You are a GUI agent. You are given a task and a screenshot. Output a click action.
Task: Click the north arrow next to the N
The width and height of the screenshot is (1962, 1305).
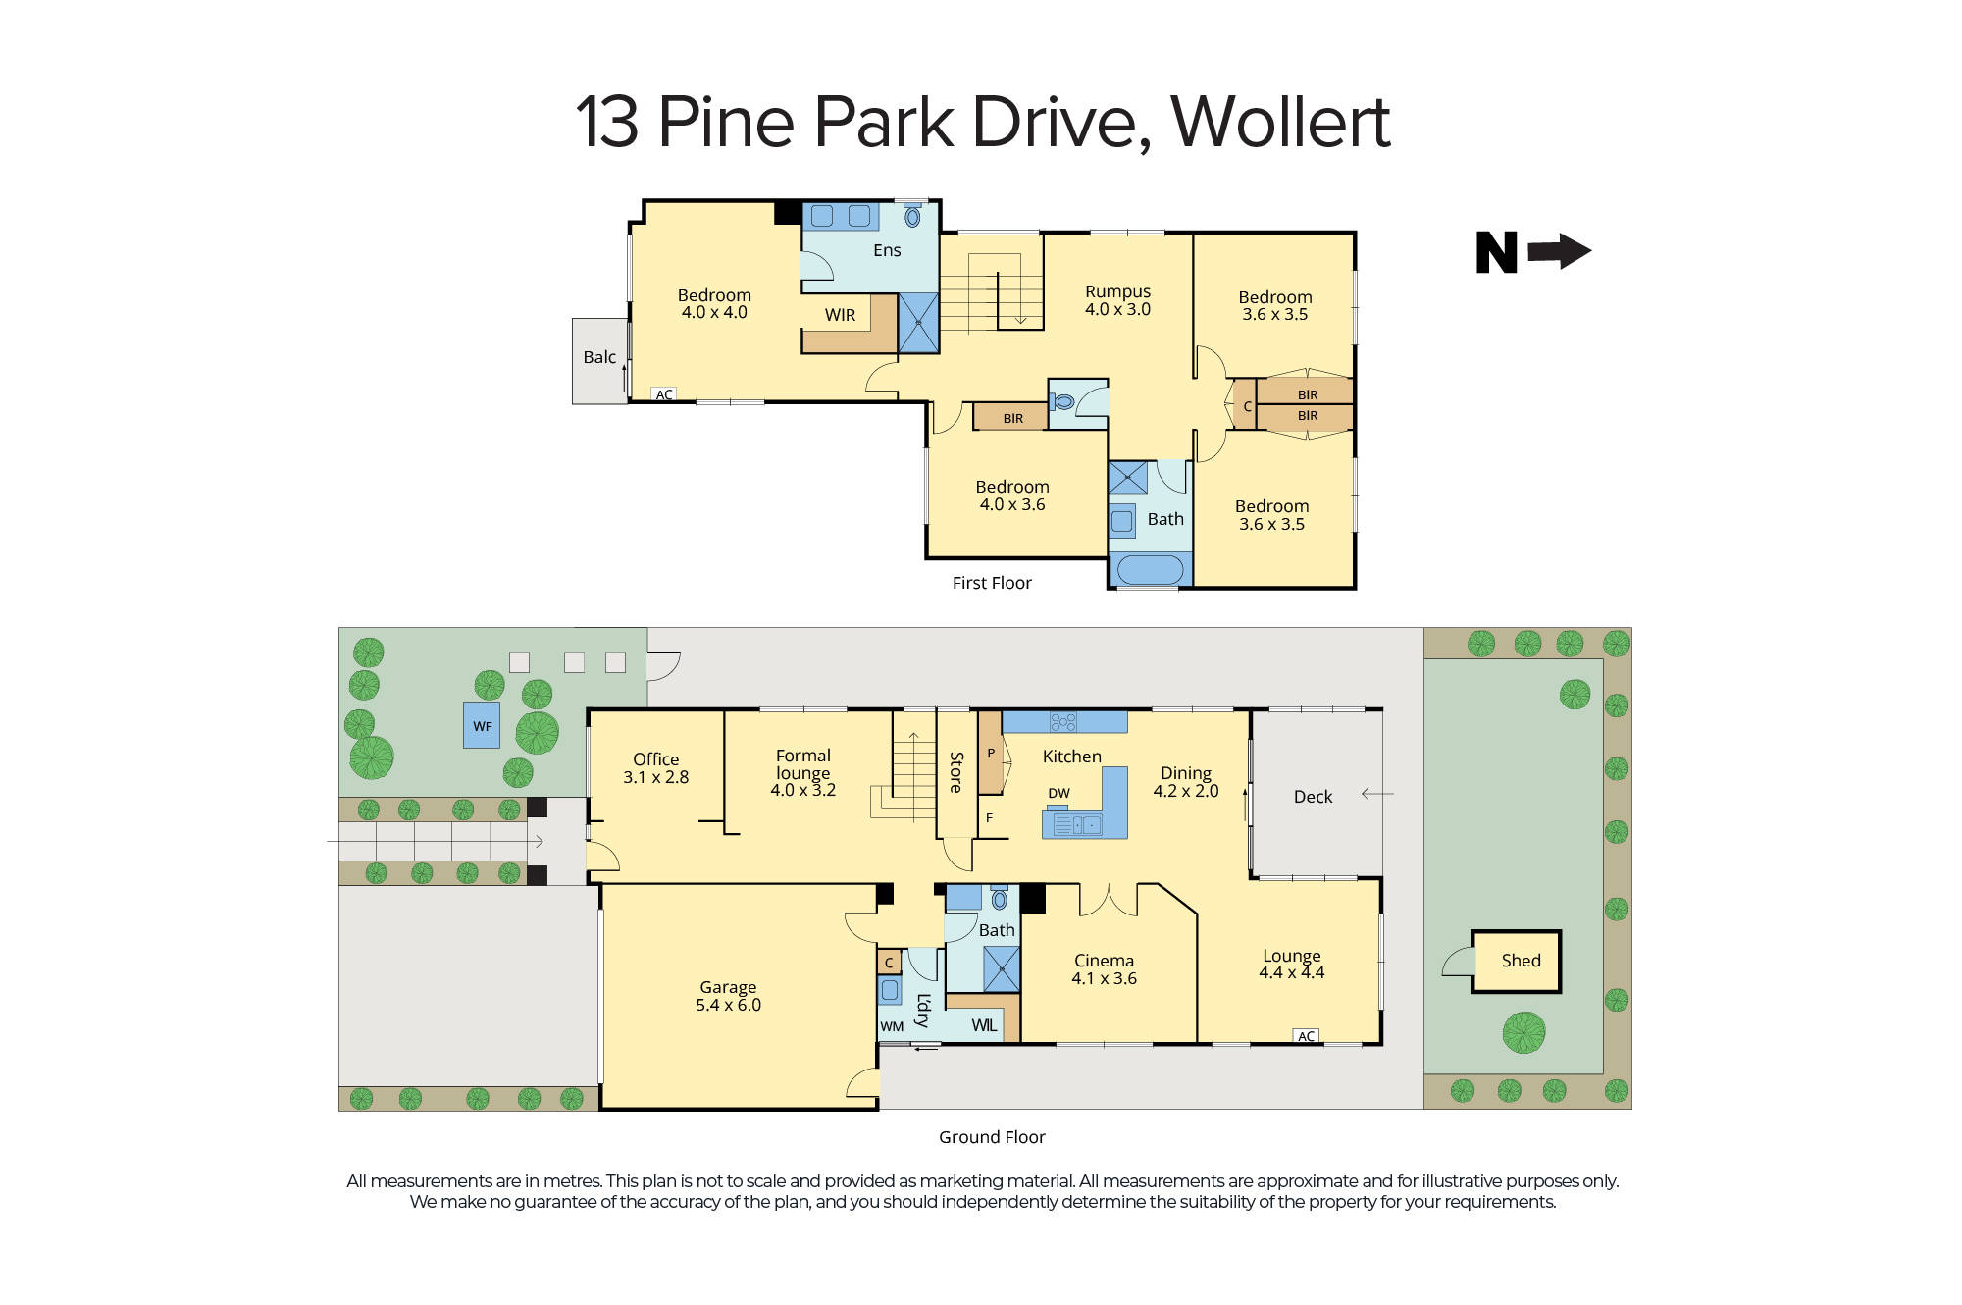point(1560,251)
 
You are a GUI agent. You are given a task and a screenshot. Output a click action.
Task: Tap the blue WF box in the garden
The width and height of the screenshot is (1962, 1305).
point(482,726)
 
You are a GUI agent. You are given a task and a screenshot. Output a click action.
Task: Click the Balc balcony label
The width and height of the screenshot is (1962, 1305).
point(599,358)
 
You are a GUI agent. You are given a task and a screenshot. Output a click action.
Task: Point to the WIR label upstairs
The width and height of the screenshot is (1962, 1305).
point(840,315)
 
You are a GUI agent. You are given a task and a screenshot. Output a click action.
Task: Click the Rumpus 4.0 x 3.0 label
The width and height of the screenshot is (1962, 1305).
point(1117,300)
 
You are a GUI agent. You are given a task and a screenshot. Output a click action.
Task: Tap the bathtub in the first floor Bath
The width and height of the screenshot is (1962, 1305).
point(1150,569)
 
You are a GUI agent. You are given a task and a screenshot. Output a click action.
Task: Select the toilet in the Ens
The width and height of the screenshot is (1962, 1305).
point(912,216)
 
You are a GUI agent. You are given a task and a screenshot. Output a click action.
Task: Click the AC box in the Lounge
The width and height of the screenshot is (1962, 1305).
point(1306,1036)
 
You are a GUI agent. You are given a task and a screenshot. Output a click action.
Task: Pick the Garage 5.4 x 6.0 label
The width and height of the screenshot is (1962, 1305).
point(728,996)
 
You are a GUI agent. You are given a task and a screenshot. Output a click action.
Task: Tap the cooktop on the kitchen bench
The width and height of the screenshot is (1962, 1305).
point(1063,722)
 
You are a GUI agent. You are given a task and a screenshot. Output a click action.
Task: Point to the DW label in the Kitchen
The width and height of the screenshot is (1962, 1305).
point(1058,793)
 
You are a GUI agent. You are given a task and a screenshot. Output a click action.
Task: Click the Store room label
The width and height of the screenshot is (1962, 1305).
point(956,772)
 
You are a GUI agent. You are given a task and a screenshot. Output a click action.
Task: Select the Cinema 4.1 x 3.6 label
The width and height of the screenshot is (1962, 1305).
point(1104,969)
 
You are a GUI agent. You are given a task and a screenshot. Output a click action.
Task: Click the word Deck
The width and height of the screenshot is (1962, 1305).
point(1313,797)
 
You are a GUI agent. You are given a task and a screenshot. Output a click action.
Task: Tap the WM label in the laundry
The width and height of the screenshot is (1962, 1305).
point(892,1026)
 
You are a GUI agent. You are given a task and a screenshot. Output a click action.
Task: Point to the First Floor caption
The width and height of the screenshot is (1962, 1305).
point(992,583)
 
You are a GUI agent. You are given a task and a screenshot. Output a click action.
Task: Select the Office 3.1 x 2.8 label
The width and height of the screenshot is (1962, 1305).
point(655,768)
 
